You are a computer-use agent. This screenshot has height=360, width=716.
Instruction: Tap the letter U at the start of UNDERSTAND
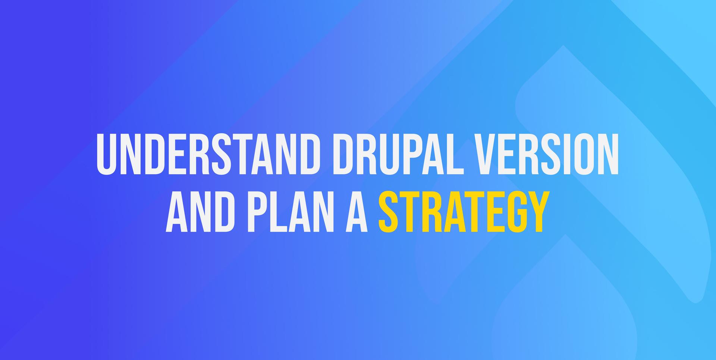pos(107,154)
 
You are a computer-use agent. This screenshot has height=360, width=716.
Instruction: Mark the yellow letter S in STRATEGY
pos(388,212)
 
